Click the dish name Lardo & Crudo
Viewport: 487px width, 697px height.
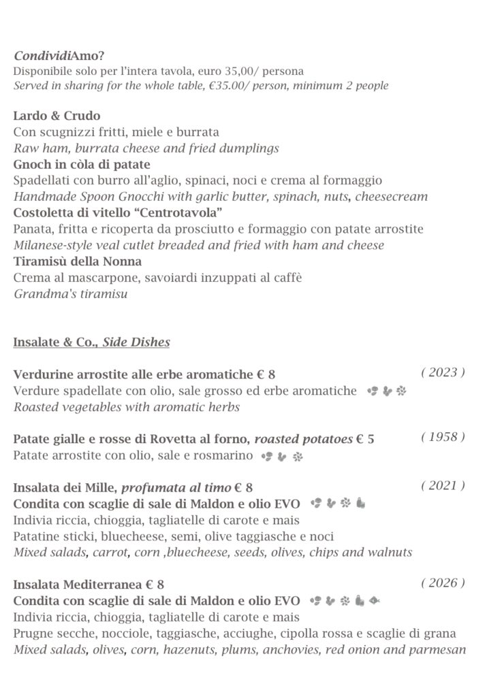click(x=57, y=116)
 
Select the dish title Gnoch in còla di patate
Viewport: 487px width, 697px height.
click(x=82, y=165)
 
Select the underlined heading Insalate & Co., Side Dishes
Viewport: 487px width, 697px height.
click(x=91, y=342)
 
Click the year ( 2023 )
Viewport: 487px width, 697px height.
click(x=443, y=372)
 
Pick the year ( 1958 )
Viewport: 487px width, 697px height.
click(x=443, y=437)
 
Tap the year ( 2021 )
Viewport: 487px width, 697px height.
click(x=443, y=485)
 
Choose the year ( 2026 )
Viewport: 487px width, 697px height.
click(x=443, y=583)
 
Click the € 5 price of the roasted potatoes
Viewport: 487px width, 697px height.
click(x=365, y=440)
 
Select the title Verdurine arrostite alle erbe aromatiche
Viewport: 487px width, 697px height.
click(x=133, y=375)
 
